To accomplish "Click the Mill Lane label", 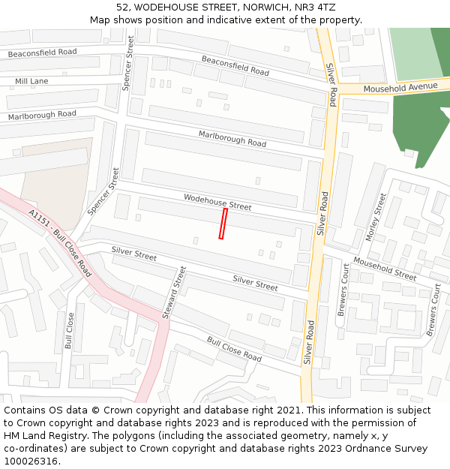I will [x=31, y=80].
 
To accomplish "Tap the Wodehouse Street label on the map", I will [x=217, y=201].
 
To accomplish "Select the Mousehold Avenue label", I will [x=400, y=87].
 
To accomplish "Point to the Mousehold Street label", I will [x=384, y=268].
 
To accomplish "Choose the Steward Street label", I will [x=179, y=292].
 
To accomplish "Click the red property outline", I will [x=223, y=224].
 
